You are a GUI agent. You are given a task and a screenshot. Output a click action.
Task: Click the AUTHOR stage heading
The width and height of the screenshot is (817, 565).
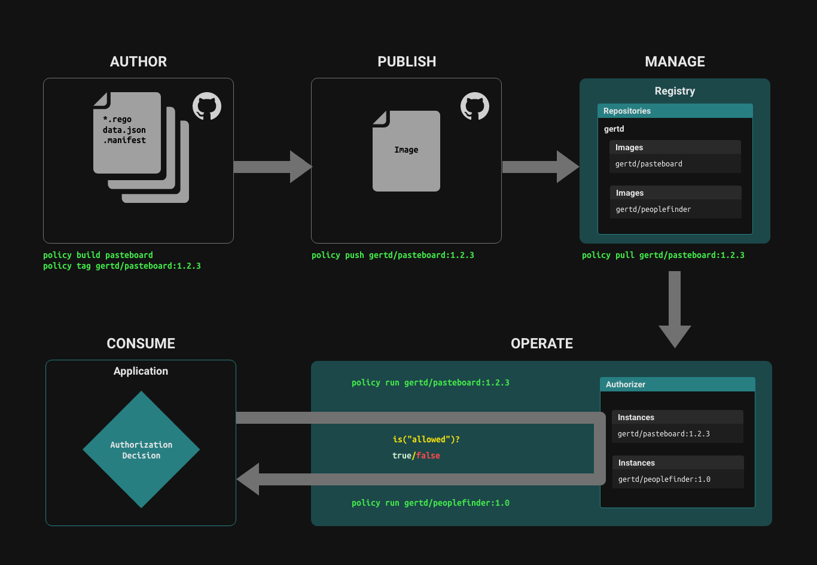click(x=138, y=62)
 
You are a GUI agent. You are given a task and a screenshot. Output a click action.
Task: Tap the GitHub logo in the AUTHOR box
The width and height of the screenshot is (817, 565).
click(x=207, y=107)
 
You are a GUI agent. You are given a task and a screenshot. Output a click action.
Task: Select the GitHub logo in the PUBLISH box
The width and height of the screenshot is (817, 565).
click(x=475, y=107)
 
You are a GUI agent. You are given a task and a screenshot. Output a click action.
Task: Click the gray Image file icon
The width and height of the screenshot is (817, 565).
click(x=406, y=151)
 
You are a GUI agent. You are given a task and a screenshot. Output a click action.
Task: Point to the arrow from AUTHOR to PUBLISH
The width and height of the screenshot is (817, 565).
click(x=272, y=166)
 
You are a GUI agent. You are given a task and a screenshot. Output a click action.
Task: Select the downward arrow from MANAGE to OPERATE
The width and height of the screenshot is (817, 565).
click(x=675, y=308)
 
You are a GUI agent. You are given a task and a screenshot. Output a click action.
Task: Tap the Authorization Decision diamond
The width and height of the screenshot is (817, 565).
click(x=141, y=450)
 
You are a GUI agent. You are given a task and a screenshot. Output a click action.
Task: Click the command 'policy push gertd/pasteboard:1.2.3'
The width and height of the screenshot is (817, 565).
click(x=393, y=255)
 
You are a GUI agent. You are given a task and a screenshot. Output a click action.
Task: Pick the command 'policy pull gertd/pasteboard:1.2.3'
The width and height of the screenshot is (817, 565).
click(x=663, y=255)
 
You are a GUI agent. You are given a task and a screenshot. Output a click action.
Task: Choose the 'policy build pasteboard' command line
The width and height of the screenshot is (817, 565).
click(x=98, y=255)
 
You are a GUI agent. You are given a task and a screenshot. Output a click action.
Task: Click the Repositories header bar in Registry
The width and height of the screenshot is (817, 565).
click(x=675, y=111)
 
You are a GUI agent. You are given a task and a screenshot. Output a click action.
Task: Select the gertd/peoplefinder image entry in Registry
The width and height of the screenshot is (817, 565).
click(x=653, y=209)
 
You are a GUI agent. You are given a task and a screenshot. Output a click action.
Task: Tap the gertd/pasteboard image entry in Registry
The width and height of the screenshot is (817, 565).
click(x=649, y=164)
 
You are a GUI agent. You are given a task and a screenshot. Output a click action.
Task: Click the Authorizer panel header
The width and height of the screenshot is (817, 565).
click(x=677, y=384)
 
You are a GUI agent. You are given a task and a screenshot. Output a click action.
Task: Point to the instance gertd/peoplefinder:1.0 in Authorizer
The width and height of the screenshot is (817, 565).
click(x=664, y=479)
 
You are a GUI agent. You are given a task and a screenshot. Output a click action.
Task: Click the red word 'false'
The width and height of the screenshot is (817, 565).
click(x=428, y=455)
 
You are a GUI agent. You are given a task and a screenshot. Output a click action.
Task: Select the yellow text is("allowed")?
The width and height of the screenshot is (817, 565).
click(x=426, y=439)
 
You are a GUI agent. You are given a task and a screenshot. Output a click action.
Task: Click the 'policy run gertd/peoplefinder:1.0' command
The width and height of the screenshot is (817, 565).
click(x=431, y=503)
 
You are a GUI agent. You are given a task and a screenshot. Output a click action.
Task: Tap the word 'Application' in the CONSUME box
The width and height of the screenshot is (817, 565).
click(x=141, y=371)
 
